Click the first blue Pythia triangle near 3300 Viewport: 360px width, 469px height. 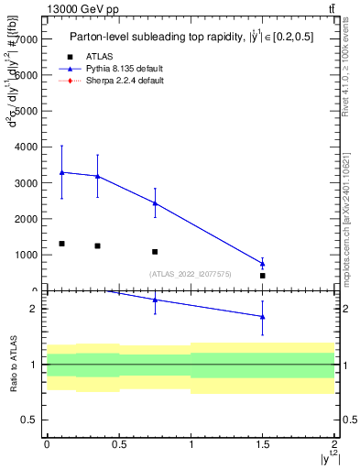pos(61,172)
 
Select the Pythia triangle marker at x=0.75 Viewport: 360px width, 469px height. pos(155,203)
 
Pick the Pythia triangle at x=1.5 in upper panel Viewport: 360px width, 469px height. pos(262,264)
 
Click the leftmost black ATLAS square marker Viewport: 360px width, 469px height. pos(61,244)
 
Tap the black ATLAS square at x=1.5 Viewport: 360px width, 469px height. pos(262,275)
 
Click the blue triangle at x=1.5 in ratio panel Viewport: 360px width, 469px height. pos(262,317)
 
